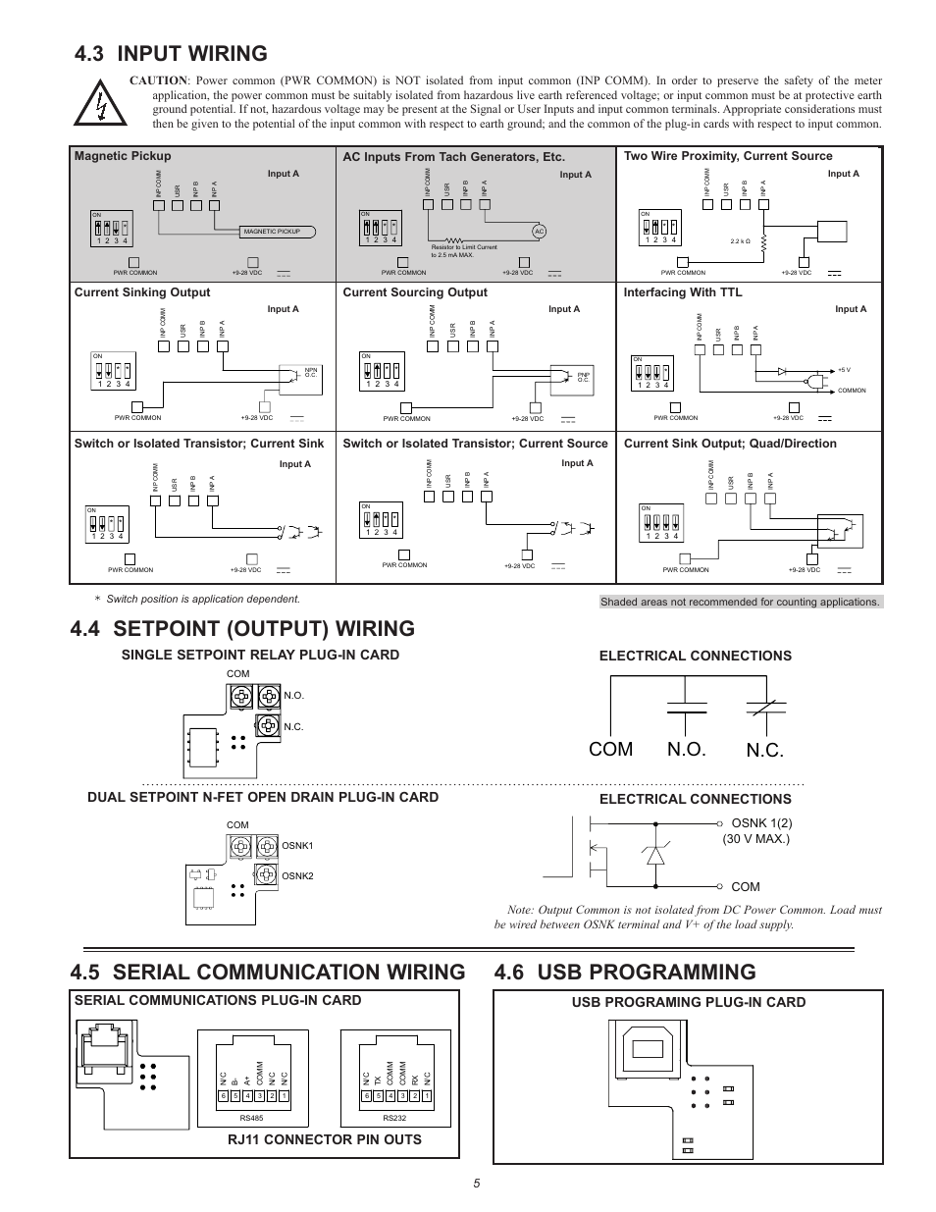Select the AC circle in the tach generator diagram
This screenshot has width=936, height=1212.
[x=539, y=231]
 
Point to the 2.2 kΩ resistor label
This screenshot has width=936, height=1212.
[x=741, y=240]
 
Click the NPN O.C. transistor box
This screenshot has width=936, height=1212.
[x=298, y=374]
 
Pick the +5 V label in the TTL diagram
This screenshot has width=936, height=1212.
[x=844, y=370]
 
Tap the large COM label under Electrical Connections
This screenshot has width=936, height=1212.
[x=611, y=749]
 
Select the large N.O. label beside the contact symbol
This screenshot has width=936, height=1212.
[x=687, y=749]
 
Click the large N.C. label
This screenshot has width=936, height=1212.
[x=765, y=750]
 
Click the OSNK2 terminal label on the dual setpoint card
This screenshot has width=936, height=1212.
[x=297, y=875]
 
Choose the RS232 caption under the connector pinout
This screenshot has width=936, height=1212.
[x=394, y=1118]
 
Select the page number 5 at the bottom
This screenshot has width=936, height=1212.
[x=476, y=1184]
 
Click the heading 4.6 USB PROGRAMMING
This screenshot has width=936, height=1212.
[x=626, y=972]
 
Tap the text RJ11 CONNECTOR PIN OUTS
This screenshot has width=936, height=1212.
[x=324, y=1139]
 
